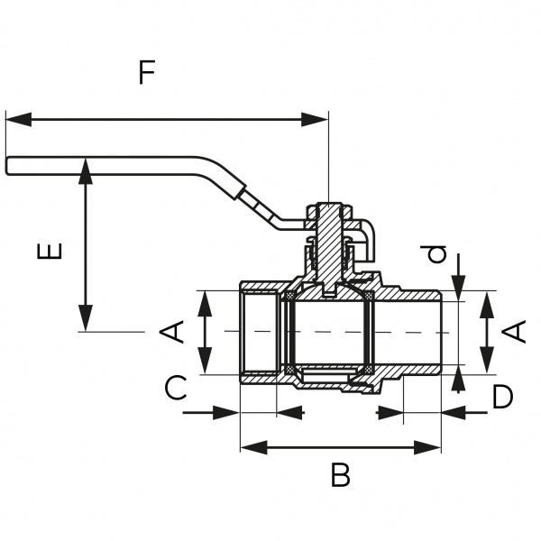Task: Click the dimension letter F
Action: pyautogui.click(x=146, y=72)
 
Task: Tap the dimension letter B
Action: pyautogui.click(x=340, y=475)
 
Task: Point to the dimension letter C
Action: pyautogui.click(x=176, y=389)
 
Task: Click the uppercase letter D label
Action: pyautogui.click(x=502, y=396)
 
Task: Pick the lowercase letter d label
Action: pyautogui.click(x=438, y=255)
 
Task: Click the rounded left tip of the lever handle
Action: pyautogui.click(x=10, y=166)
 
